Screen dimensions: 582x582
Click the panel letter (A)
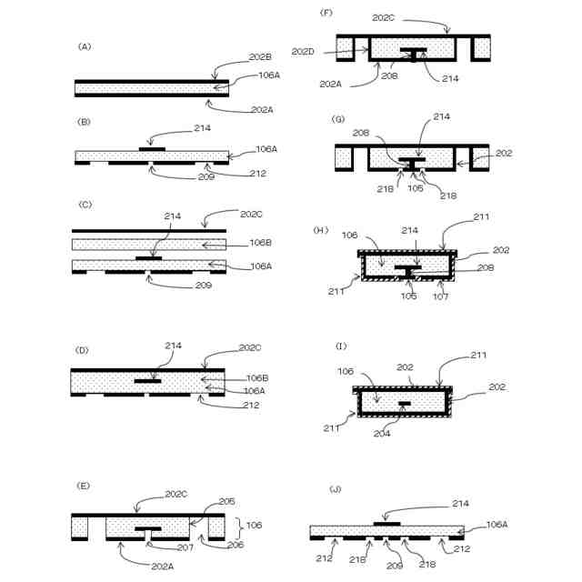coord(85,45)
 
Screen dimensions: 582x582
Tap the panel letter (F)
coord(326,13)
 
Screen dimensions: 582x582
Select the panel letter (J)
coord(336,489)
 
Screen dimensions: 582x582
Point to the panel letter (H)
coord(320,230)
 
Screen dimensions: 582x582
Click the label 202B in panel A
coord(261,56)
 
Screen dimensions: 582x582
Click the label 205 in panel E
coord(226,501)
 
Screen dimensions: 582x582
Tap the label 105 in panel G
coord(416,190)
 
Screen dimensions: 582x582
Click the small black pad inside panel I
coord(404,403)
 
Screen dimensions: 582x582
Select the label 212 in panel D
coord(251,406)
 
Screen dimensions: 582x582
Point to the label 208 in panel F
coord(389,78)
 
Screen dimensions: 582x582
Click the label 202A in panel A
coord(261,110)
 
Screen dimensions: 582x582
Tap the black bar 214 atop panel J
coord(387,523)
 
